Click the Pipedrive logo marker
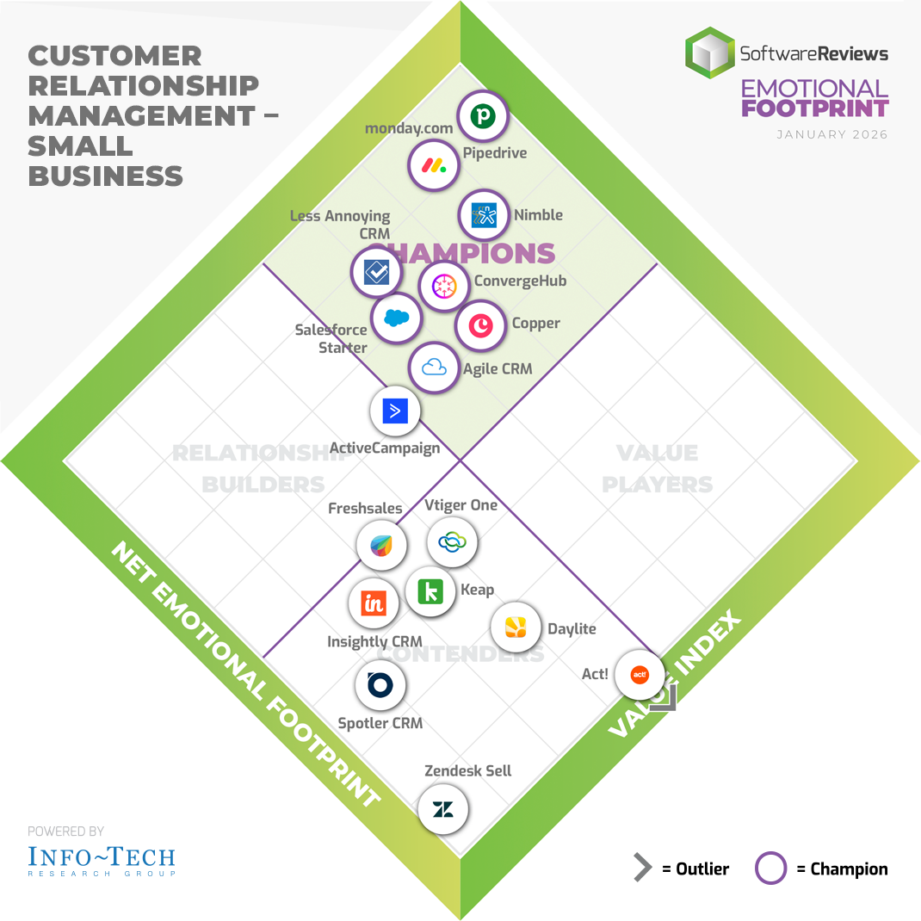[482, 116]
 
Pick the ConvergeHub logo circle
[444, 287]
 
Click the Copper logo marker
[480, 325]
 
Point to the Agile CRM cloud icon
[434, 368]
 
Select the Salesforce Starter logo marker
[396, 318]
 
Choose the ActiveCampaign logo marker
[395, 411]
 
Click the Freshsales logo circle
[382, 545]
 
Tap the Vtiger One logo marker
[452, 542]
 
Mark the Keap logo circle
[430, 591]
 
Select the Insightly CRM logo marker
[374, 603]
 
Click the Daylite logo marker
[516, 627]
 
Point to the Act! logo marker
[640, 675]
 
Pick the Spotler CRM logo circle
[380, 685]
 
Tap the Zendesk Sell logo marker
[443, 809]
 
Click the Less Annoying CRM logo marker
[377, 272]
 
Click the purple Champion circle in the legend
[770, 868]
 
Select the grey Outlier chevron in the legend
[642, 868]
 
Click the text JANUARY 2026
[831, 135]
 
